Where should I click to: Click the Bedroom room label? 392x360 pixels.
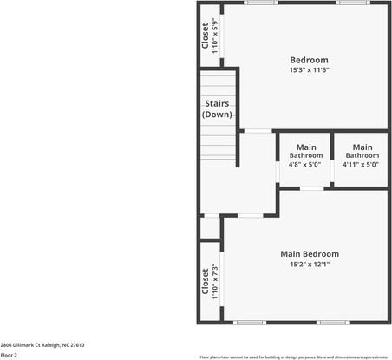[x=309, y=60]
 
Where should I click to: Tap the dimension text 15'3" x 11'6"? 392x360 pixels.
[x=309, y=70]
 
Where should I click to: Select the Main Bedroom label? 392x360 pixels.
[x=309, y=254]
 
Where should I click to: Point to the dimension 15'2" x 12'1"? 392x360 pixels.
[x=309, y=265]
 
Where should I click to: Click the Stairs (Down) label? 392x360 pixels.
[x=216, y=109]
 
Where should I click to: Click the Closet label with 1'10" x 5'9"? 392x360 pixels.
[x=209, y=35]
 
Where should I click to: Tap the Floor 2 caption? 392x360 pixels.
[x=10, y=355]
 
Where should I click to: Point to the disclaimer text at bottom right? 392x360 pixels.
[x=293, y=357]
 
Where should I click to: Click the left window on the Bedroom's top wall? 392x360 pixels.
[x=259, y=3]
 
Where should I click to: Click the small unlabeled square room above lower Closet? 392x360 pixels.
[x=209, y=227]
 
